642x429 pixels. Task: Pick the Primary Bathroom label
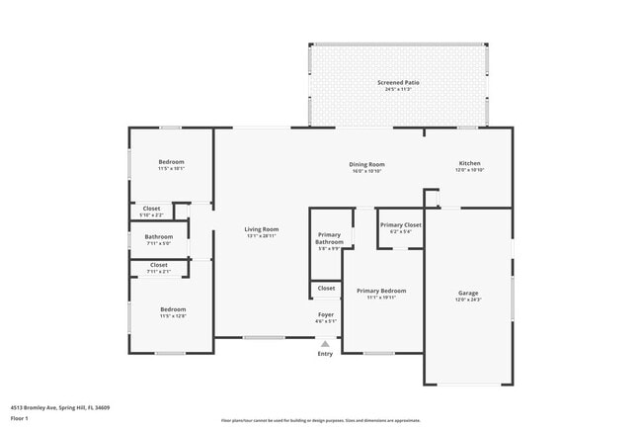pos(329,238)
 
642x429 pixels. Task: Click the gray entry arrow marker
pos(325,344)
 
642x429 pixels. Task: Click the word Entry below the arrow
pos(325,354)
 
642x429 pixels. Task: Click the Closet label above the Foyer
pos(326,289)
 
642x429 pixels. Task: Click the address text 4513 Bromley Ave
pos(60,407)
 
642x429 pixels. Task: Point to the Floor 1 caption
pos(20,418)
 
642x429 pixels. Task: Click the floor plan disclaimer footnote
pos(321,419)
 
